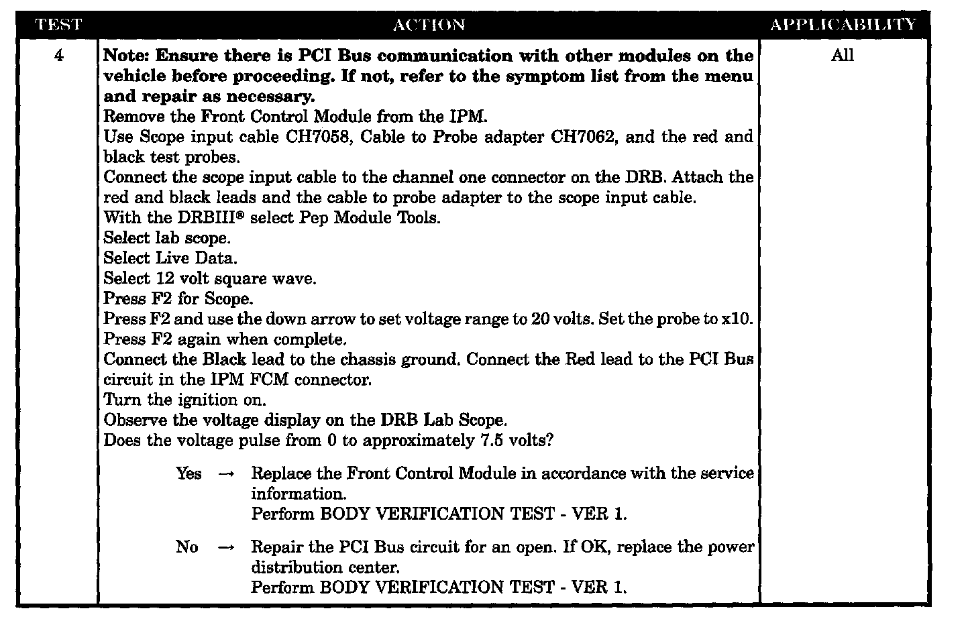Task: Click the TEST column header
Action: tap(58, 25)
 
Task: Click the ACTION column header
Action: tap(428, 25)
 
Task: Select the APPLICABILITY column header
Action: tap(843, 25)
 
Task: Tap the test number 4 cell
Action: tap(58, 56)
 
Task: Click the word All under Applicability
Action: tap(842, 56)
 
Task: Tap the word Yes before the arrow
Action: tap(189, 473)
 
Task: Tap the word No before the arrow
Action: tap(186, 547)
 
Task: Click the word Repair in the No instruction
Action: tap(276, 547)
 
